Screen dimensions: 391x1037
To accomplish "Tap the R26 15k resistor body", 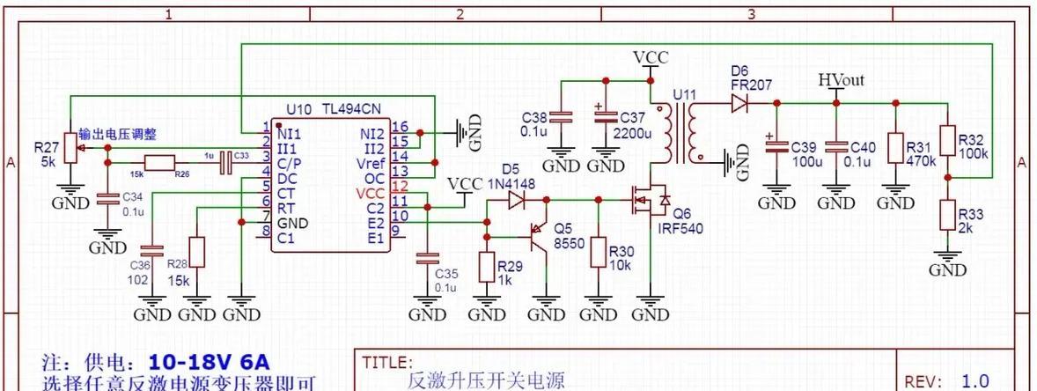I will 160,162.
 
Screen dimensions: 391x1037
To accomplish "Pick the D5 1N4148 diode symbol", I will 516,201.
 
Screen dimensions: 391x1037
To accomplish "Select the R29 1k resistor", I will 486,266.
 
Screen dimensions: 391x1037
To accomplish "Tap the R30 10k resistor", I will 599,252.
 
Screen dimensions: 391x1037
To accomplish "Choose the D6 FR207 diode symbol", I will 738,103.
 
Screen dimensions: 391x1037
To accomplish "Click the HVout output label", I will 841,80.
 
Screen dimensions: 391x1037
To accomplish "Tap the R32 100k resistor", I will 947,140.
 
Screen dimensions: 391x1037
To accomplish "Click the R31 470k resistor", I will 896,146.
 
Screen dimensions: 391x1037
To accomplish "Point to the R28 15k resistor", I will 197,252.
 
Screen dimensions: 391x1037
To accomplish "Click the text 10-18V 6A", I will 210,362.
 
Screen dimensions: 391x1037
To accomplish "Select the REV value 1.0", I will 975,380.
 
